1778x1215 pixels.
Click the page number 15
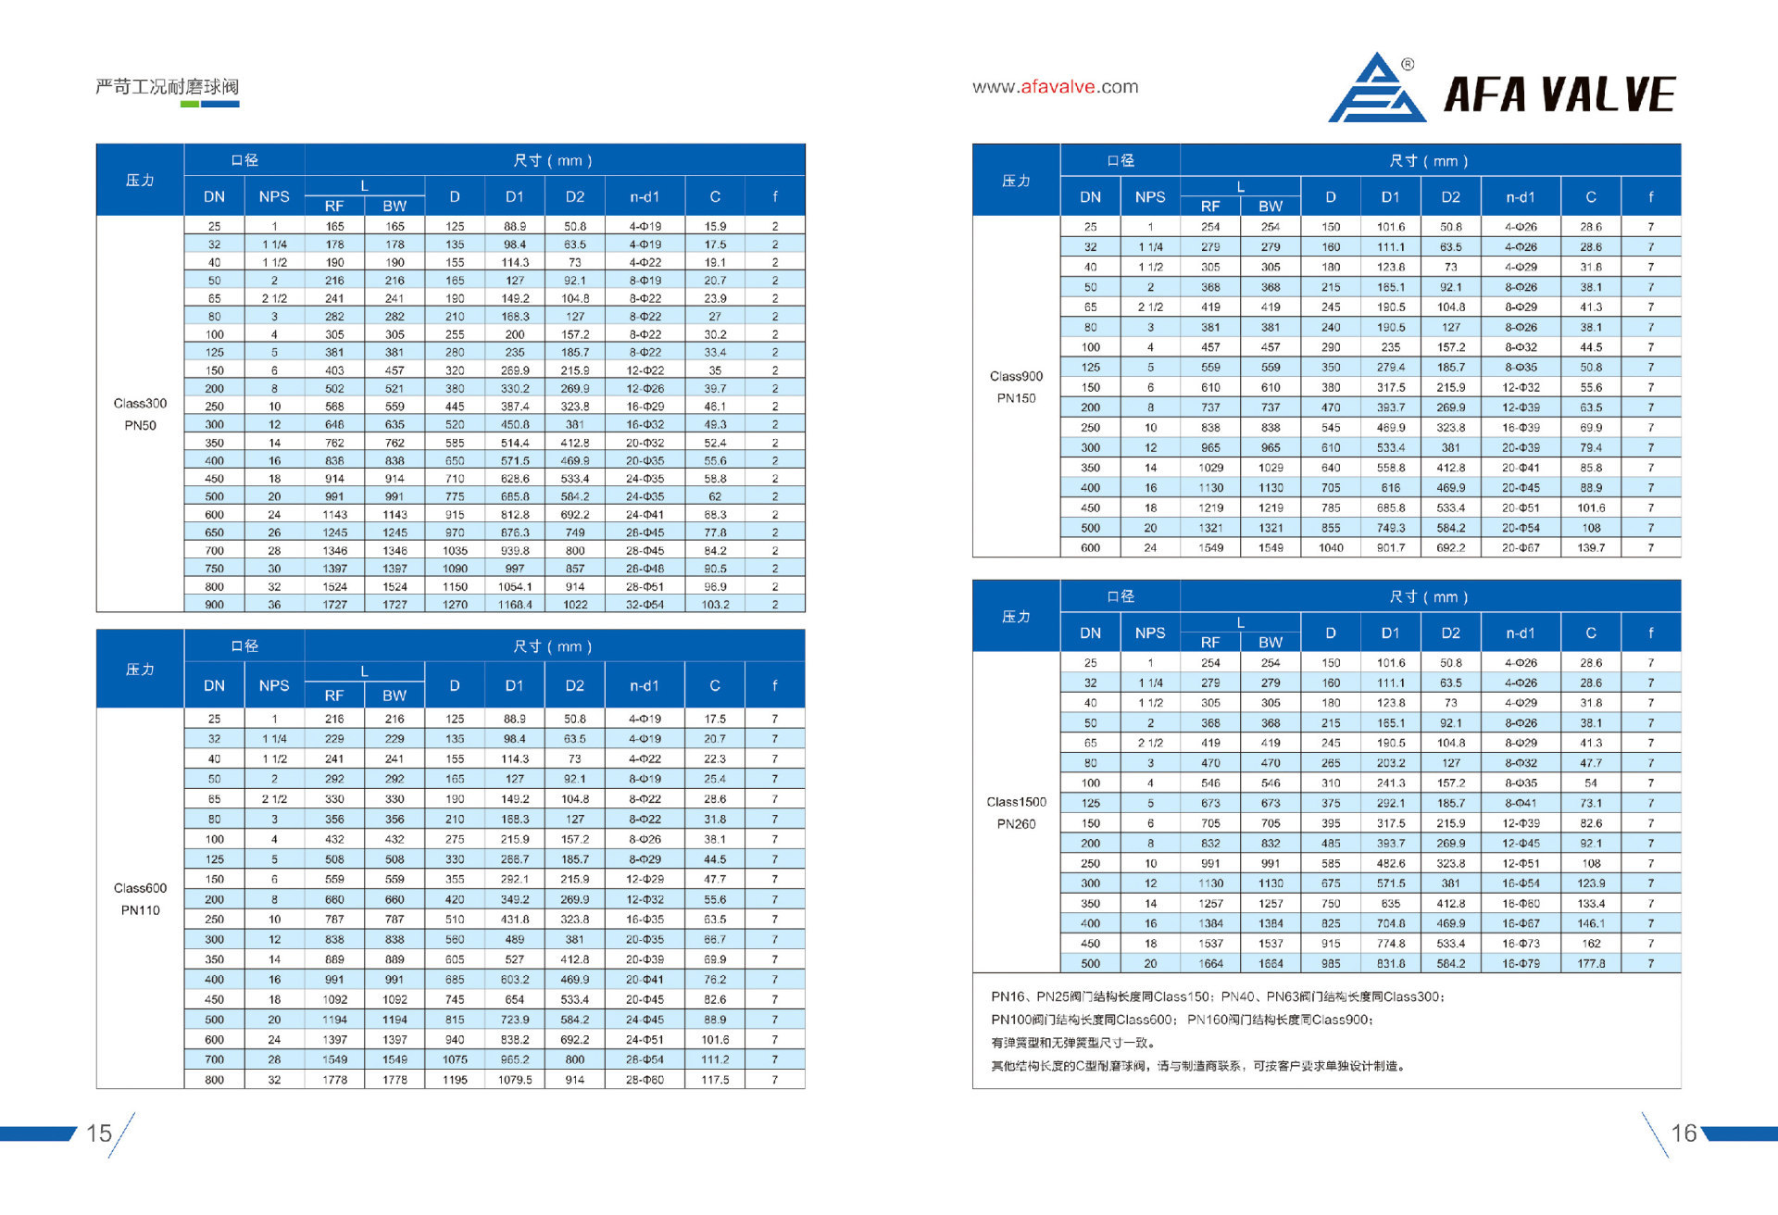click(99, 1134)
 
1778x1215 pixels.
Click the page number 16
click(1684, 1134)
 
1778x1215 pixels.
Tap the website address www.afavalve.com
click(1055, 87)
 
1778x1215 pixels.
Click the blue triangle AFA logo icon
click(1377, 90)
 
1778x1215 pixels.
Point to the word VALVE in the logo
click(1610, 94)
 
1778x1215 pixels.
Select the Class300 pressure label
click(140, 404)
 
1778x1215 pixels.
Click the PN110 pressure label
click(140, 910)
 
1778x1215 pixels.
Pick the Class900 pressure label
click(1016, 376)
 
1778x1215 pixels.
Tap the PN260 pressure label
click(1016, 824)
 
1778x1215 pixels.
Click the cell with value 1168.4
click(515, 605)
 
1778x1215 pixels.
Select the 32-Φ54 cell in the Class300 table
click(645, 605)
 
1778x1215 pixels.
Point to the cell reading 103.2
click(715, 605)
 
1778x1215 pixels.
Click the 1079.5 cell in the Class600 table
click(515, 1080)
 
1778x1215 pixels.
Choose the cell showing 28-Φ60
click(645, 1080)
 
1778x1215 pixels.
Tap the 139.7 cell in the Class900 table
click(1591, 548)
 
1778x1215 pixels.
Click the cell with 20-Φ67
click(1521, 548)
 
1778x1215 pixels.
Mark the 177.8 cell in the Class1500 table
click(1591, 964)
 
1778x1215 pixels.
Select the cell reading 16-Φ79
click(1521, 964)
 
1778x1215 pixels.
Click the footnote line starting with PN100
click(1182, 1020)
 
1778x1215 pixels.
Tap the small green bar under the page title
click(189, 105)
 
